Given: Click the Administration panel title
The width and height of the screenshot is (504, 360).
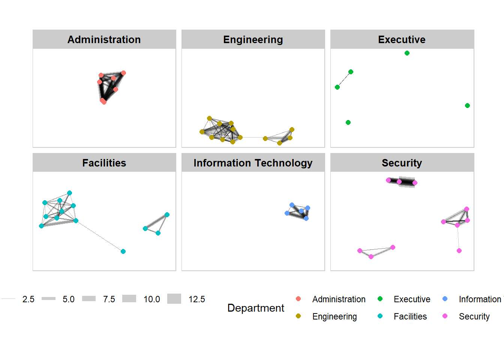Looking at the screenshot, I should pos(104,39).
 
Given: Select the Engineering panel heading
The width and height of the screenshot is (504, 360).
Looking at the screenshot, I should pos(253,39).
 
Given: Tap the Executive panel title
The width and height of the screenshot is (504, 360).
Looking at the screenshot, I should pos(402,39).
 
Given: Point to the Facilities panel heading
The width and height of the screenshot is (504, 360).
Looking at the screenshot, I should pos(104,163).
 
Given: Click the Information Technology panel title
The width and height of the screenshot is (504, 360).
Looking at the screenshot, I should pos(253,163).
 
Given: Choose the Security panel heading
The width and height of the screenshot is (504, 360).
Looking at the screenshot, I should pos(402,163).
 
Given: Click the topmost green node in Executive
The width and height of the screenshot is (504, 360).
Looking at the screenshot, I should pos(407,53).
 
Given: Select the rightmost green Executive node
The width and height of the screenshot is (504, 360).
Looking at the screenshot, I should pos(467,106).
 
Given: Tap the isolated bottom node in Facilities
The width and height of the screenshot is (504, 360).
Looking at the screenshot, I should pos(123,252).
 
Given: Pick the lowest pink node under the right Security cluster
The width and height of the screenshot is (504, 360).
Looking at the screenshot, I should pos(459,251).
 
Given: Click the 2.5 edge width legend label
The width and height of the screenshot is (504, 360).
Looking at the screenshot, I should pos(28,299).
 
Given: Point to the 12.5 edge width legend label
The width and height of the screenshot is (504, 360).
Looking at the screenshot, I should pos(196,299).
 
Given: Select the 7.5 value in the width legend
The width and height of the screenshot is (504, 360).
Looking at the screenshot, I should pos(109,299).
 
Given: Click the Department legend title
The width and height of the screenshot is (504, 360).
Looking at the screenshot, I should pos(256,308).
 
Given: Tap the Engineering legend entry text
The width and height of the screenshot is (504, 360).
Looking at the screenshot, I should pos(334,316).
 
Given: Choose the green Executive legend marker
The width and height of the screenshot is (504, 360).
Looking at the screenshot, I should pos(380,299).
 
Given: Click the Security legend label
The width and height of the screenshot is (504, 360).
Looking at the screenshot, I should pos(474,316).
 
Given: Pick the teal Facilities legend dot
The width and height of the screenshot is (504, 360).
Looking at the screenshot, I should pos(380,316).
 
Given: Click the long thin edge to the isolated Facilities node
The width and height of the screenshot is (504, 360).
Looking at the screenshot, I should pos(100,236).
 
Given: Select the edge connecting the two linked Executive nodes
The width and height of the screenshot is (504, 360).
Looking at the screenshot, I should pos(344,79).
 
